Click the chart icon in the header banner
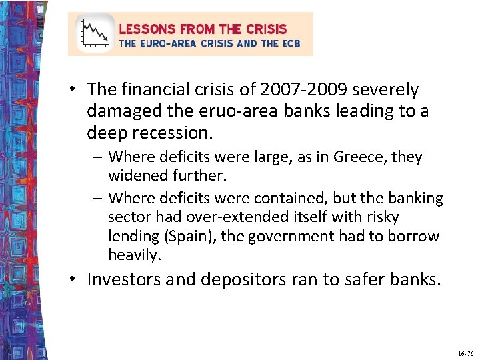point(94,33)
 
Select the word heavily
point(135,255)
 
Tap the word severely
point(387,89)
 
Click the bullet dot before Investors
point(77,279)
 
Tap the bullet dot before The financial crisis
point(77,89)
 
